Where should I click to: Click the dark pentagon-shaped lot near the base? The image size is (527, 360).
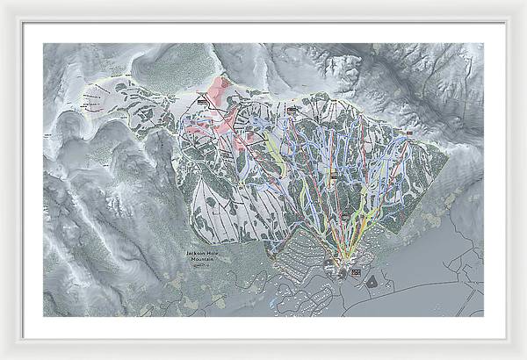372,282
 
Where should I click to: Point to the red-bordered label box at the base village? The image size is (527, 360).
355,274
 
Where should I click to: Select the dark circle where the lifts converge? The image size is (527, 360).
341,263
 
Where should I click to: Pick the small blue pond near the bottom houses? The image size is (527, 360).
275,301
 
